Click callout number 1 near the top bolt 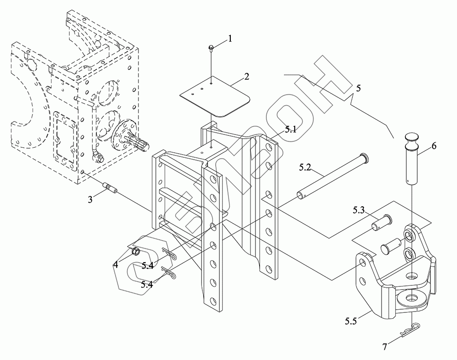(230, 38)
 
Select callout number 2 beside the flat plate (247, 77)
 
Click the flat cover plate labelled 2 (215, 97)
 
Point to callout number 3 (90, 200)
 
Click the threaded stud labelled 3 (110, 187)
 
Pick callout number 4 (116, 264)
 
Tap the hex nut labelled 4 (136, 251)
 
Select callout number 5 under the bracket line (358, 88)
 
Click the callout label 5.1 (290, 129)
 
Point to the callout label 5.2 (305, 168)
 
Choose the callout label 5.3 (359, 210)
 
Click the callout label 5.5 (351, 321)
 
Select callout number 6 (434, 146)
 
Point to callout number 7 (385, 347)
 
